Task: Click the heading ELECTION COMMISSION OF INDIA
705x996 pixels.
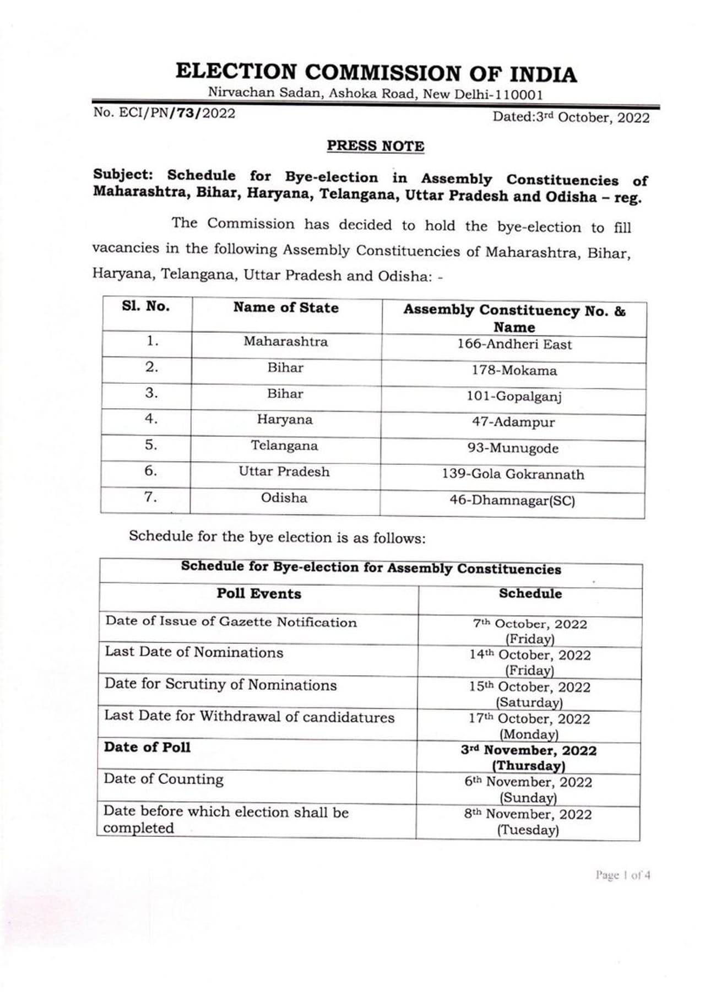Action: click(x=376, y=73)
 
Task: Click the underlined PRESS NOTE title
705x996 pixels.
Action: click(x=376, y=146)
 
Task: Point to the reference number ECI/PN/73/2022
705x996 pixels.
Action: click(x=164, y=113)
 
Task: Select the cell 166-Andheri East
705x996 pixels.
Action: click(x=514, y=344)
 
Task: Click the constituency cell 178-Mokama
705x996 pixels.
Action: click(x=514, y=370)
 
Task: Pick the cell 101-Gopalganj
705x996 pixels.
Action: click(x=514, y=396)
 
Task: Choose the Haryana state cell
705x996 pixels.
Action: click(x=284, y=420)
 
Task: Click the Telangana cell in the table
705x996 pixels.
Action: click(x=284, y=446)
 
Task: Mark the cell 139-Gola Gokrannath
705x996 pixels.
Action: click(x=513, y=474)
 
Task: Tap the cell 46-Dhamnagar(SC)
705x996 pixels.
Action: click(x=512, y=501)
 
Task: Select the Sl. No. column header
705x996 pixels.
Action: click(x=146, y=307)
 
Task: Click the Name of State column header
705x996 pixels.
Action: click(x=286, y=307)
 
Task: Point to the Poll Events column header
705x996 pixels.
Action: click(x=259, y=594)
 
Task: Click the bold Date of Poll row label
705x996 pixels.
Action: click(x=147, y=748)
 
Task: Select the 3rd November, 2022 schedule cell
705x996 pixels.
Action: click(x=529, y=757)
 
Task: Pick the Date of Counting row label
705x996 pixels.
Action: click(x=164, y=779)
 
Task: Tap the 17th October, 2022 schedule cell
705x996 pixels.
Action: click(x=529, y=726)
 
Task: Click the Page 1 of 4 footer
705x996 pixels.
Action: click(x=622, y=875)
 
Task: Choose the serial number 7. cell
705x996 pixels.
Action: click(x=151, y=497)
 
